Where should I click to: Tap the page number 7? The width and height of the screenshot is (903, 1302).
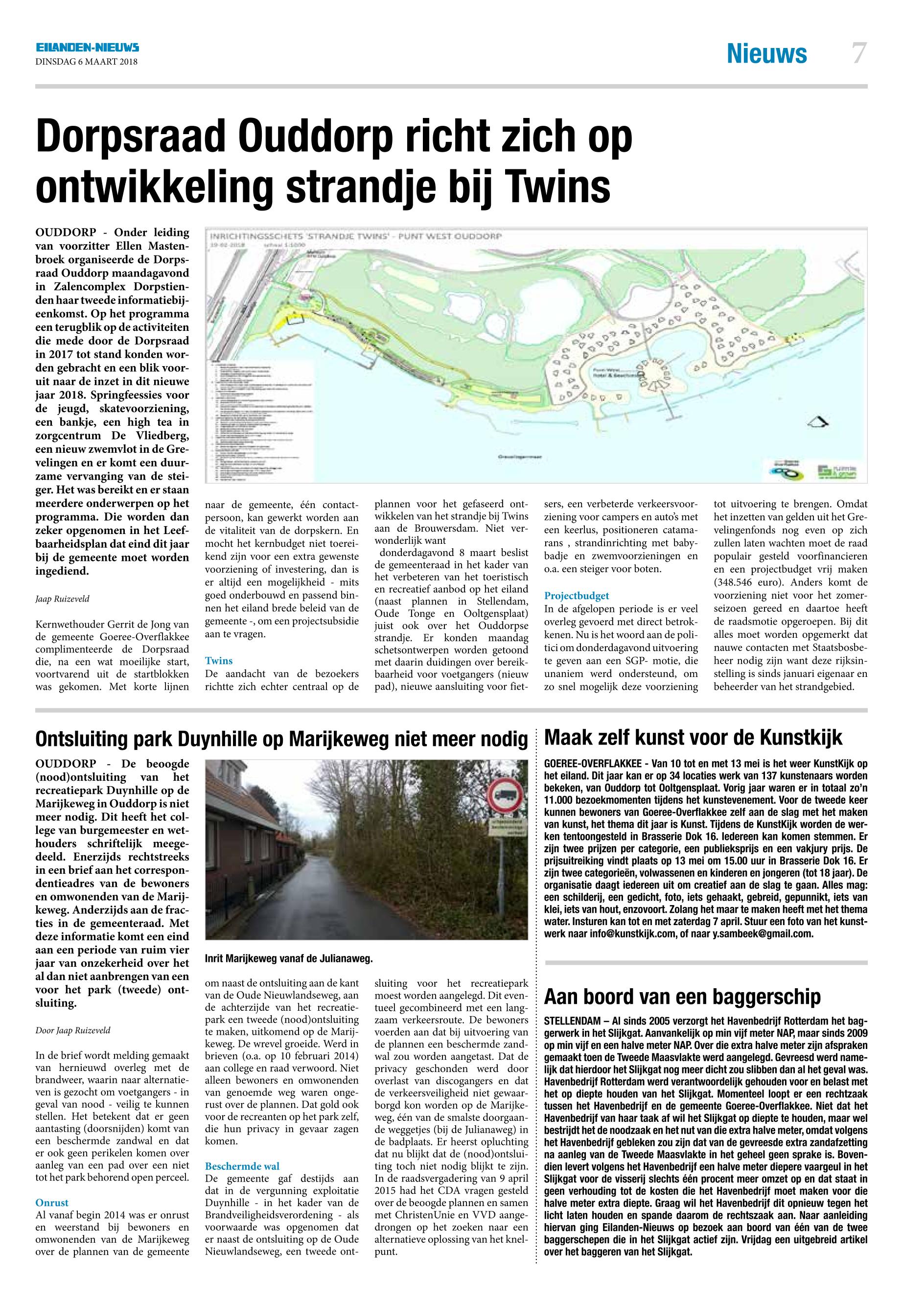(859, 54)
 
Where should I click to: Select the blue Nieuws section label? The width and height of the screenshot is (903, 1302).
(766, 54)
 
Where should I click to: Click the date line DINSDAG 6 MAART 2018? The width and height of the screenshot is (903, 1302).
(86, 62)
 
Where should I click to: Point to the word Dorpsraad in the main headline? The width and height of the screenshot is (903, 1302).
(132, 136)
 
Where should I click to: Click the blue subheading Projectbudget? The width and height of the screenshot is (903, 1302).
(576, 596)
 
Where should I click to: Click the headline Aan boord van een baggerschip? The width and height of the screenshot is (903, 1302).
(682, 997)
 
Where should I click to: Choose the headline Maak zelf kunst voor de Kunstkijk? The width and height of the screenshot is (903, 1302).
(693, 737)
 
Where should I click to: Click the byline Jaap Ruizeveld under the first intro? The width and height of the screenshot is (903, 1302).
(62, 599)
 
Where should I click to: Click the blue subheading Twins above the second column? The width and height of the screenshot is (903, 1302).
(219, 660)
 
